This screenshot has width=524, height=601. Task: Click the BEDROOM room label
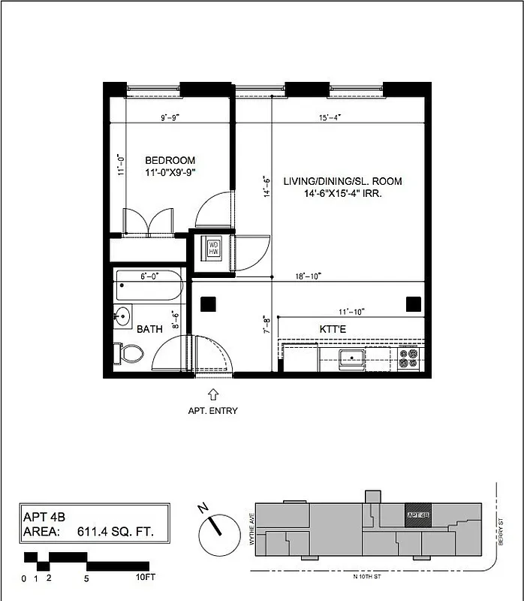coord(170,160)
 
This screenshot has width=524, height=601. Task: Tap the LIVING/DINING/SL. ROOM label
coord(342,181)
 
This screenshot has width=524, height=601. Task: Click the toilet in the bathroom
coord(130,353)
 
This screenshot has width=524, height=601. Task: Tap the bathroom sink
coord(123,314)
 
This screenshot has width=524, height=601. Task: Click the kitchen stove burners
coord(408,358)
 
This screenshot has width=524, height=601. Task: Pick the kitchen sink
coord(351,358)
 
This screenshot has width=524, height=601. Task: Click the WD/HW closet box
coord(212,248)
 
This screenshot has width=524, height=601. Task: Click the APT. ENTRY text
coord(212,410)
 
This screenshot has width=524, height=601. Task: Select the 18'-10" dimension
coord(308,276)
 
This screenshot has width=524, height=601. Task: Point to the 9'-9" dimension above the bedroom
coord(170,117)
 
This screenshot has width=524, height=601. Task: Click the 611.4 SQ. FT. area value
coord(115,532)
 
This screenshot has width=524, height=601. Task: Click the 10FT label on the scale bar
coord(145,578)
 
